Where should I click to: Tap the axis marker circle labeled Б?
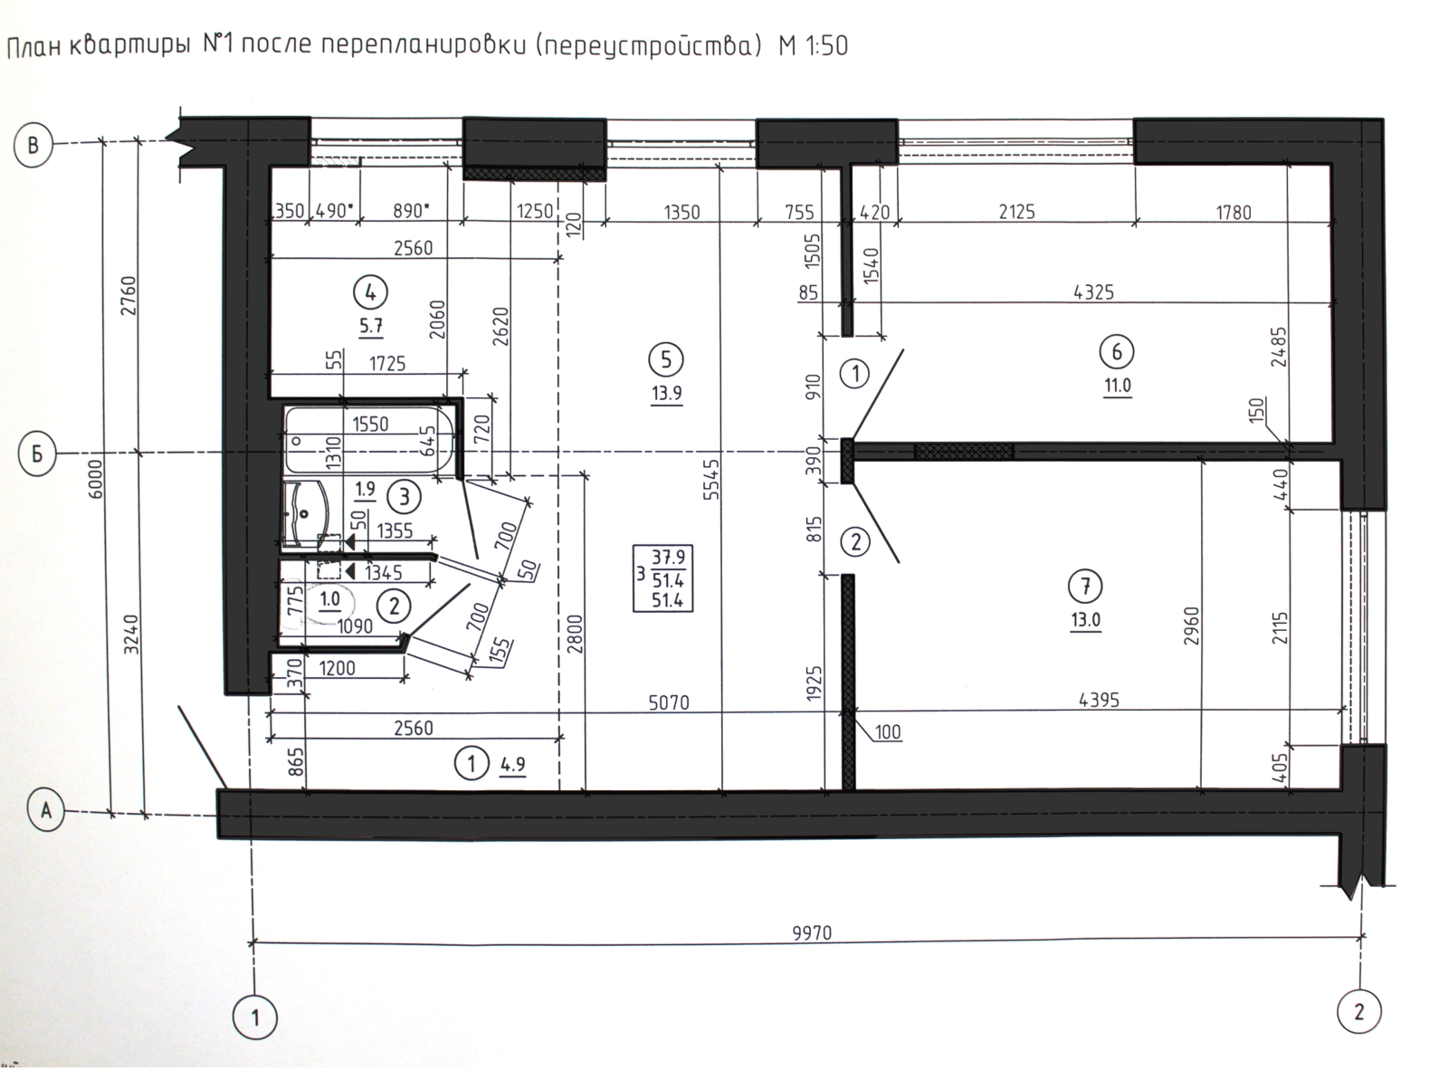(x=37, y=454)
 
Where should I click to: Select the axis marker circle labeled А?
(x=46, y=811)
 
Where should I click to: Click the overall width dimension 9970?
(x=812, y=932)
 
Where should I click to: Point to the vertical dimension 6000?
(x=96, y=479)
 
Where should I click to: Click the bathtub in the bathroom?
(x=369, y=440)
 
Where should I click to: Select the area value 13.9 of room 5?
(x=667, y=393)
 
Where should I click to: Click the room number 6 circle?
(x=1117, y=353)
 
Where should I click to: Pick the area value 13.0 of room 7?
(x=1086, y=619)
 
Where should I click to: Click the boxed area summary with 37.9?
(x=663, y=578)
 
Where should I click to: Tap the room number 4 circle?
(x=370, y=293)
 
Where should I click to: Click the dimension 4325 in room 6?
(x=1094, y=292)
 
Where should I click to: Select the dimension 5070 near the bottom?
(x=669, y=702)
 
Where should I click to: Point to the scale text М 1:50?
(x=813, y=46)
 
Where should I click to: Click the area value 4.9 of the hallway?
(x=513, y=764)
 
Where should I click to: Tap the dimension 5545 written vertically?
(x=711, y=480)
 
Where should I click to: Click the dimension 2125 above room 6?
(x=1017, y=212)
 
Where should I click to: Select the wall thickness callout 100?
(x=888, y=732)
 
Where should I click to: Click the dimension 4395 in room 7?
(x=1100, y=701)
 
